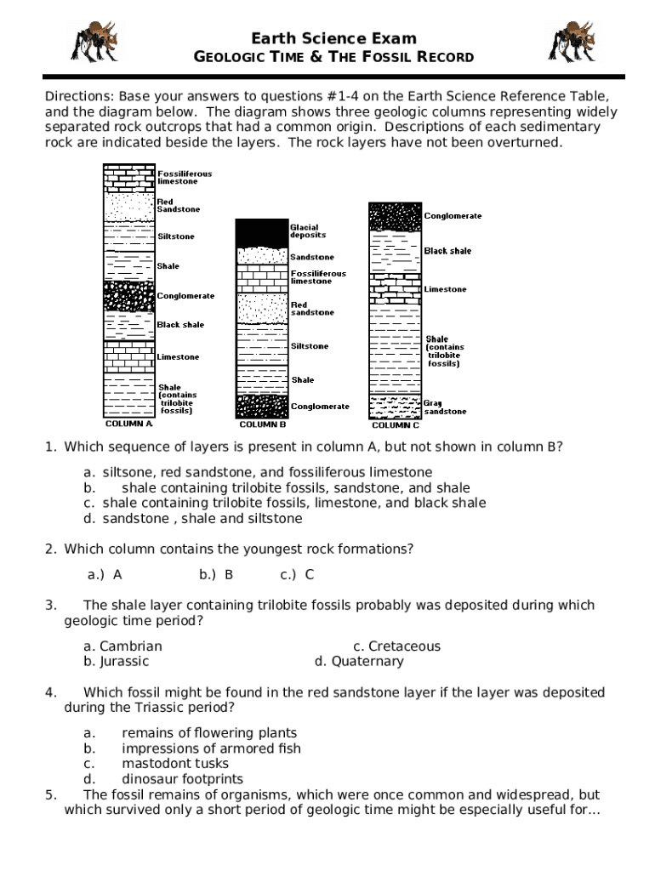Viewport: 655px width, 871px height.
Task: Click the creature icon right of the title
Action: click(571, 41)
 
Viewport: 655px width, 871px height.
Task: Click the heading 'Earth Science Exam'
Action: click(333, 38)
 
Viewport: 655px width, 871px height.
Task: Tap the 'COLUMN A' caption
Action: click(128, 423)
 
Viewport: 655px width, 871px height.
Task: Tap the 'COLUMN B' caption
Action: click(262, 424)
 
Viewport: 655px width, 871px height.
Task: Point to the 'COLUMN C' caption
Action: click(395, 425)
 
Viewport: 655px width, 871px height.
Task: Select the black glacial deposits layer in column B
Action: click(262, 232)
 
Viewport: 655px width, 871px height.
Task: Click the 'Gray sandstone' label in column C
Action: click(445, 407)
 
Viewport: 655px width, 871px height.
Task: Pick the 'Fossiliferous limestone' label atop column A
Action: click(185, 177)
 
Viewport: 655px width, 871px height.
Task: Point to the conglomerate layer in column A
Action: click(129, 297)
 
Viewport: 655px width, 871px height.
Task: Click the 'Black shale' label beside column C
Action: click(447, 251)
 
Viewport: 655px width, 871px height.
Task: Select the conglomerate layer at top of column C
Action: click(395, 216)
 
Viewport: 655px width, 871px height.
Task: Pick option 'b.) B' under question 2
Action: click(216, 574)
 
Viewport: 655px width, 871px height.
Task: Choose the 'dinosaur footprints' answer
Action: click(182, 779)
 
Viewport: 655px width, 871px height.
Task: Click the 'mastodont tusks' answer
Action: click(175, 764)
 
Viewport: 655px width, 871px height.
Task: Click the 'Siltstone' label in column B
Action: click(310, 346)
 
